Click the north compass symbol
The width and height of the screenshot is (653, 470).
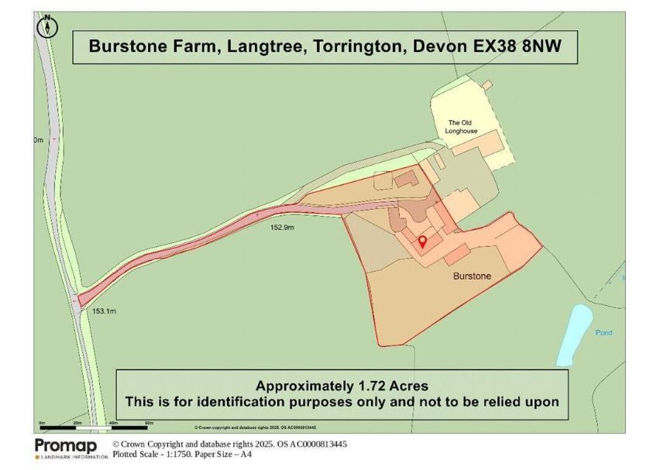(x=47, y=26)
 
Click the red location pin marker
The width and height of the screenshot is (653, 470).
(x=422, y=242)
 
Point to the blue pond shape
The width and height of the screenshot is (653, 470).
(x=574, y=334)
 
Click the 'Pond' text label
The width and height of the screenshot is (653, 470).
(x=603, y=333)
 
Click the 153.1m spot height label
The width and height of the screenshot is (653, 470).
(x=104, y=311)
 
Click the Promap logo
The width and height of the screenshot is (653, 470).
(x=66, y=447)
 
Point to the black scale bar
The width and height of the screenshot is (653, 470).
(x=94, y=427)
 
